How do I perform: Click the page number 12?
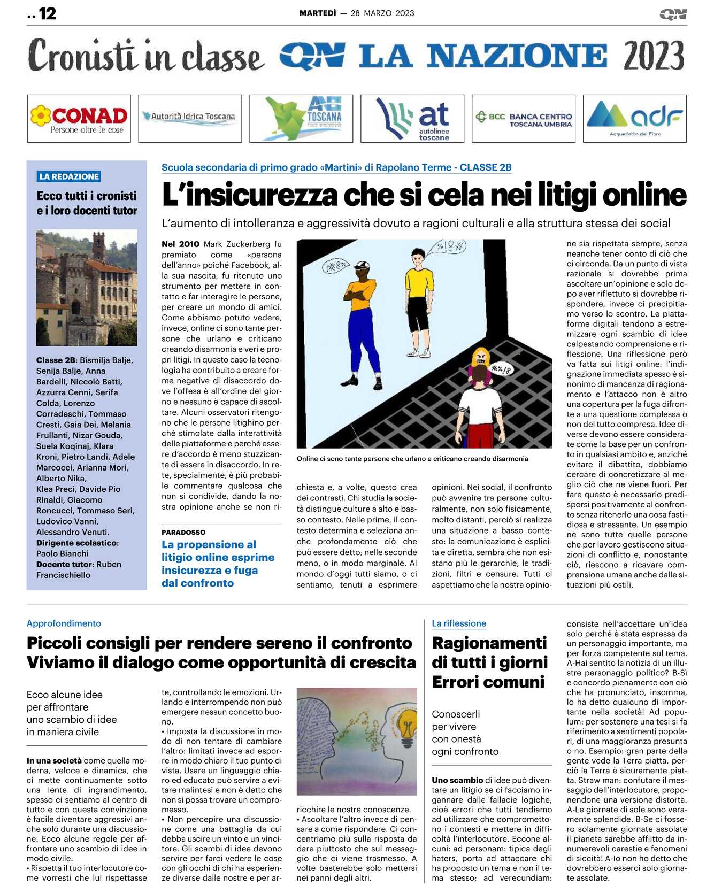[x=47, y=13]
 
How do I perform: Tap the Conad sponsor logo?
[x=79, y=119]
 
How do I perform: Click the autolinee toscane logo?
[x=412, y=119]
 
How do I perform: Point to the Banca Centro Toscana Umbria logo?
[x=524, y=119]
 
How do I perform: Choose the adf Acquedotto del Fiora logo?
[x=635, y=119]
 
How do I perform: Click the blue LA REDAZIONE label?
[x=69, y=176]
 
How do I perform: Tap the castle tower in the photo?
[x=98, y=245]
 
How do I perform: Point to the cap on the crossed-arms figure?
[x=362, y=265]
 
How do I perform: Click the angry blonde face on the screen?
[x=480, y=357]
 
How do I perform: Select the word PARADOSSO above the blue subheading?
[x=183, y=532]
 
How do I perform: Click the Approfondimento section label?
[x=64, y=623]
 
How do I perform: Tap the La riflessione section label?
[x=459, y=623]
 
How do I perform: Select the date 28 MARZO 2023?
[x=382, y=13]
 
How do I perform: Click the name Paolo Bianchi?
[x=63, y=553]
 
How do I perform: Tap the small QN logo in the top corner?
[x=673, y=14]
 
